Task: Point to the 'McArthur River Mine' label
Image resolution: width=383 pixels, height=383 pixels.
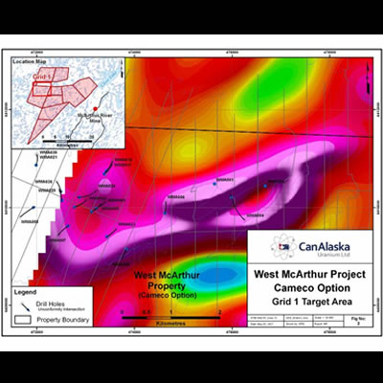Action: (x=96, y=113)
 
